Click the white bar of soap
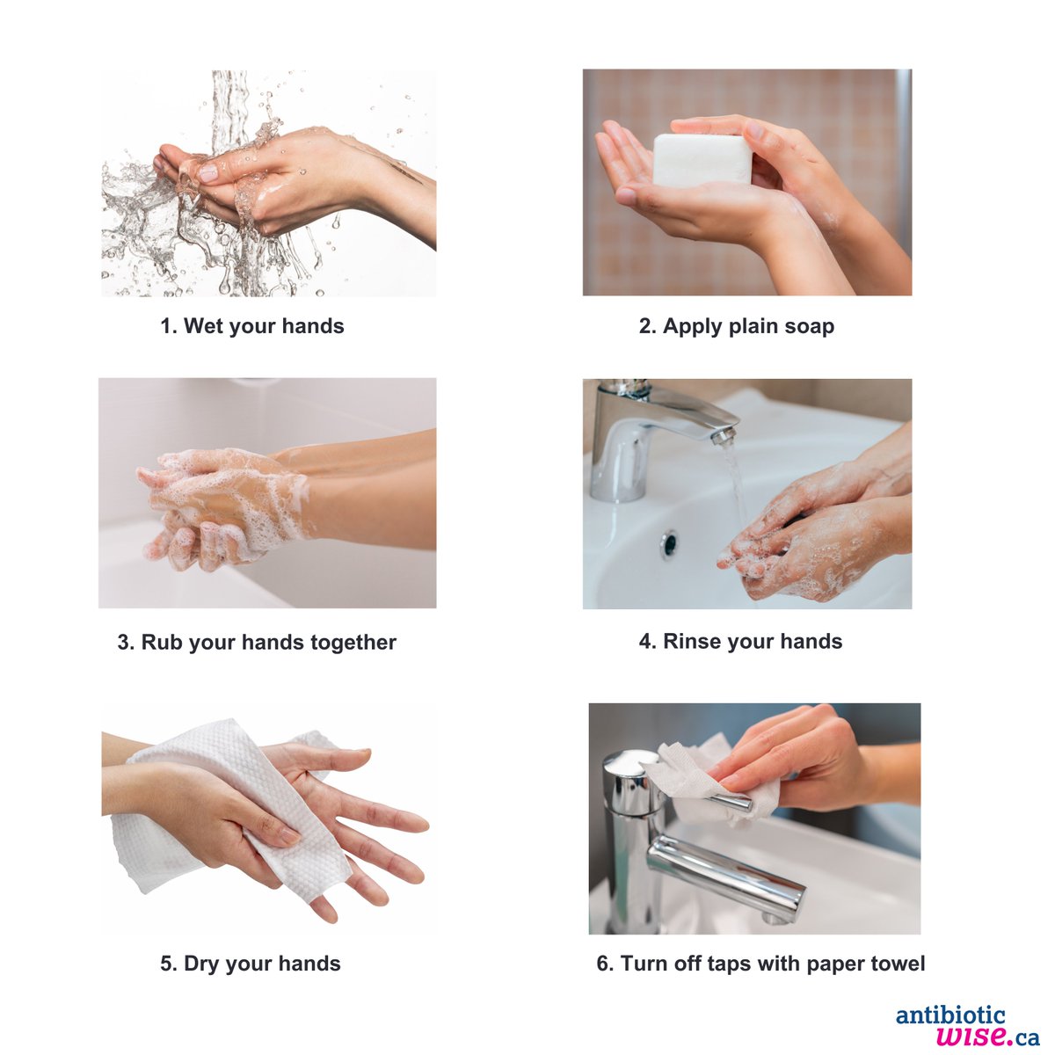coord(702,159)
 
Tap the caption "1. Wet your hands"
coord(251,326)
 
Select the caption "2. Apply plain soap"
coord(736,326)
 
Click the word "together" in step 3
coord(353,643)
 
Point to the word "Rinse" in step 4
coord(689,642)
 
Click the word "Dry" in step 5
coord(201,964)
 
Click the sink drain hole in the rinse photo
coord(669,544)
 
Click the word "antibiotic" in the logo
coord(950,1016)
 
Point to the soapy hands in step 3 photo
coord(220,506)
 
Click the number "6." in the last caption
coord(605,964)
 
